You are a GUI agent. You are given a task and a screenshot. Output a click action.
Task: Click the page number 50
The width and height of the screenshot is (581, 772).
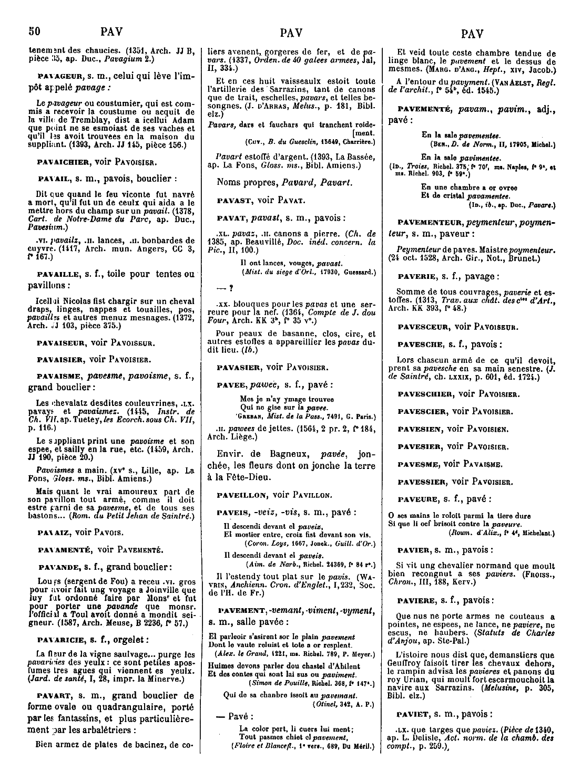[x=35, y=32]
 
